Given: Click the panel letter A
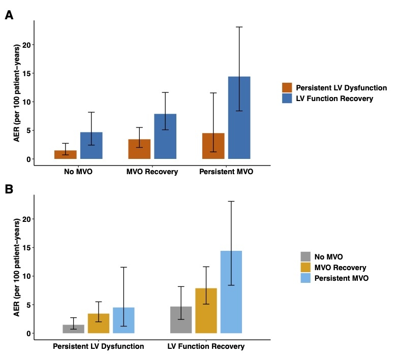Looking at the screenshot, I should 9,16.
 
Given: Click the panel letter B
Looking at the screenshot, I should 9,190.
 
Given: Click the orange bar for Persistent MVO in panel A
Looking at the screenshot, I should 213,146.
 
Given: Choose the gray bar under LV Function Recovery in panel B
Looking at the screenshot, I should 181,319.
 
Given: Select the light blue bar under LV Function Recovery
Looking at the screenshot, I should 231,291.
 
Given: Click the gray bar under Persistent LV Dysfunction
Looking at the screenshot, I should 73,329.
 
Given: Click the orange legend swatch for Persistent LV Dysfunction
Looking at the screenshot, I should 287,88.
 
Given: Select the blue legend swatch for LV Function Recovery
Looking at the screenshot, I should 287,99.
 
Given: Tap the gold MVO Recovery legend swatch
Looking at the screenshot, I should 305,268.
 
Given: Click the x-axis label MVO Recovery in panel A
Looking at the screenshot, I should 152,172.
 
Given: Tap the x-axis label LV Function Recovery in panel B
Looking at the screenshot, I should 206,347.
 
